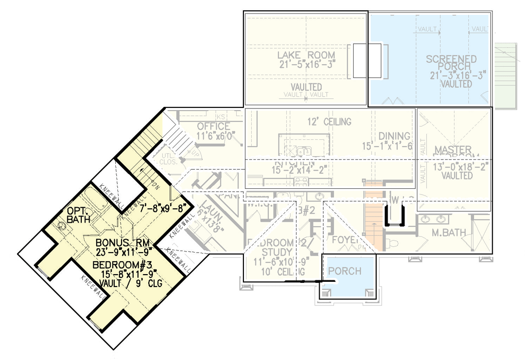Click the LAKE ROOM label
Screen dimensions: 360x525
click(x=306, y=55)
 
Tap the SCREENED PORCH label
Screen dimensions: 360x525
click(x=451, y=63)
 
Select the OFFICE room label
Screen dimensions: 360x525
click(x=214, y=127)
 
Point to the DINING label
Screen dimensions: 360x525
click(x=395, y=136)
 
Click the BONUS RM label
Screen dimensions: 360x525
click(x=122, y=243)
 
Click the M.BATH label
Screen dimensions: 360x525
click(x=449, y=233)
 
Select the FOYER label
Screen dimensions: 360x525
click(x=344, y=240)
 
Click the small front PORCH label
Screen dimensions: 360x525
click(x=344, y=271)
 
